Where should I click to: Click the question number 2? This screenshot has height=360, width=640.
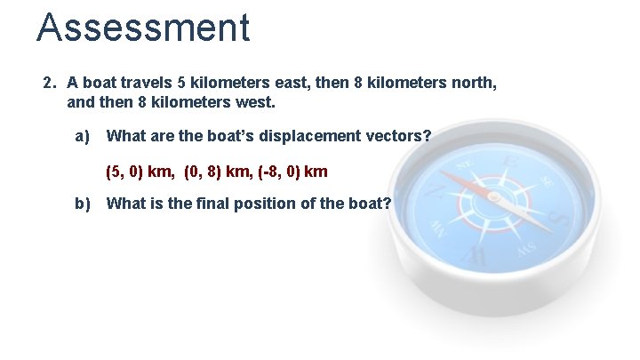point(50,83)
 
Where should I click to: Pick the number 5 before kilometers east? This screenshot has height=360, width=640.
point(181,83)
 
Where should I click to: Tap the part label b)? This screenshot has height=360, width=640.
point(83,204)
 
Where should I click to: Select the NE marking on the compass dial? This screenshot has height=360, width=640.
point(463,166)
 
